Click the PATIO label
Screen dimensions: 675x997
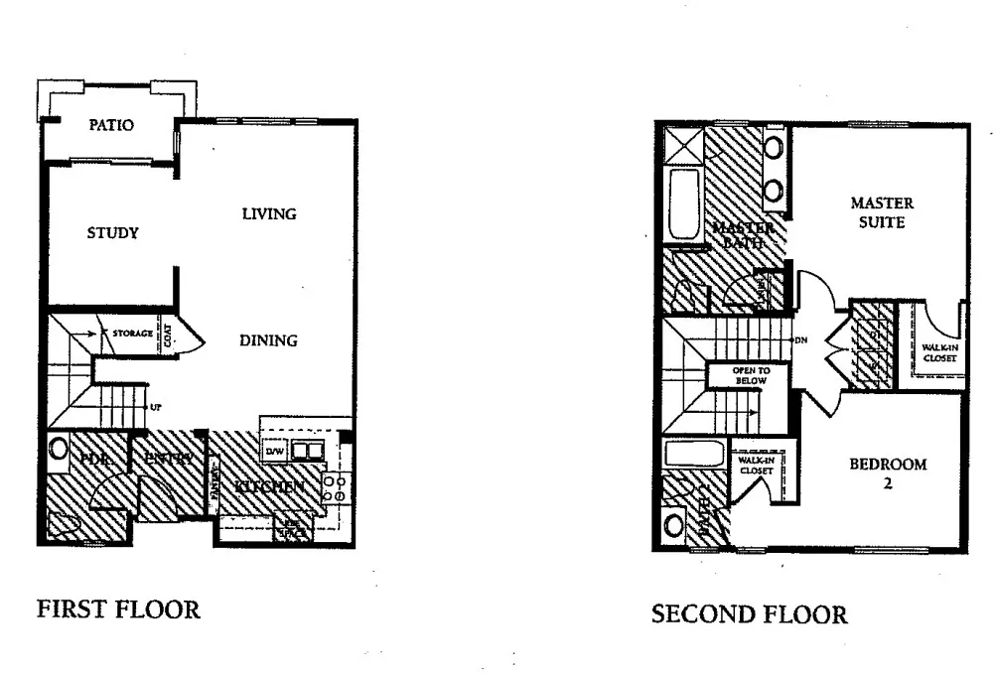(111, 126)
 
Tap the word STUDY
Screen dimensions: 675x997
(112, 233)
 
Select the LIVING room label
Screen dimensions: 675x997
(269, 213)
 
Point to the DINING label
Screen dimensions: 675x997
(268, 340)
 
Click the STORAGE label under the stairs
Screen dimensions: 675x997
(131, 334)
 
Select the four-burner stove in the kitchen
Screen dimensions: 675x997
(334, 486)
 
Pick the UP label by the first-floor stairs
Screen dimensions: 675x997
(155, 407)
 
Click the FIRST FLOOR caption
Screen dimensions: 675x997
(118, 609)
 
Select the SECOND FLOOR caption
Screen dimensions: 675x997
(750, 615)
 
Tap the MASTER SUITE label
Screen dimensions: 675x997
(882, 212)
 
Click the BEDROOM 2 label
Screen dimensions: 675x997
(887, 473)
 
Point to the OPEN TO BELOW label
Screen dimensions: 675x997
(746, 375)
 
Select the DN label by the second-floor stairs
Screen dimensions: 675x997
(800, 340)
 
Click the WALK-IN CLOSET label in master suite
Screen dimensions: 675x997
(938, 352)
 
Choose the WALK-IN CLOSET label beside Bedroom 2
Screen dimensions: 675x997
(756, 466)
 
